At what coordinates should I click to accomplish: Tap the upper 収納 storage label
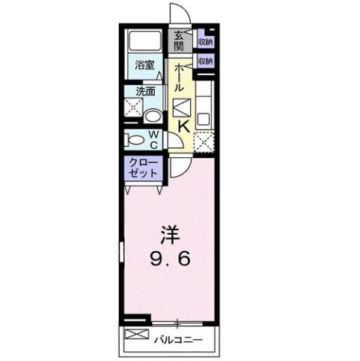(204, 42)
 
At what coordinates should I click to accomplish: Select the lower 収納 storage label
(204, 61)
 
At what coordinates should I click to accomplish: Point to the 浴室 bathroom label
(144, 65)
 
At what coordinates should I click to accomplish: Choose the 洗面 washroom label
(144, 93)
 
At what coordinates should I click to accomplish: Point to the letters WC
(153, 140)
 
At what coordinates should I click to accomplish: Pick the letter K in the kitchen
(182, 129)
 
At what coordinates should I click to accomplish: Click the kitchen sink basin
(204, 118)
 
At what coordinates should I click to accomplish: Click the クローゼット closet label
(142, 168)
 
